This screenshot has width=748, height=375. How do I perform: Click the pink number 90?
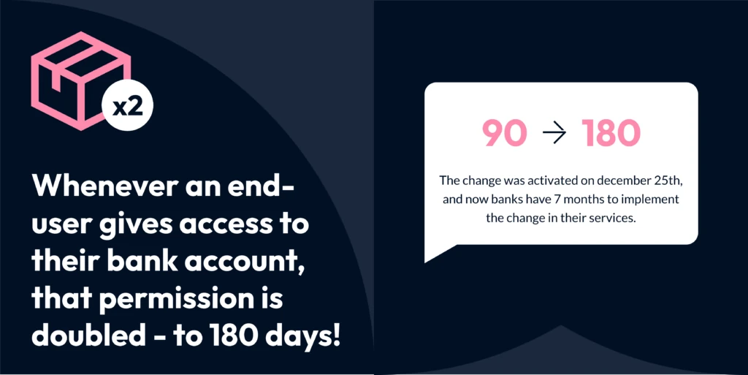point(504,134)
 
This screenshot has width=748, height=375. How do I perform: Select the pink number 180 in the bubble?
point(611,134)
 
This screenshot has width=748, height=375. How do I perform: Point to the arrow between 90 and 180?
point(554,134)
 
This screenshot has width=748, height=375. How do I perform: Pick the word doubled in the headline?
point(88,336)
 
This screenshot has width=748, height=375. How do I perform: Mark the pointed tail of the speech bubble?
point(425,262)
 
